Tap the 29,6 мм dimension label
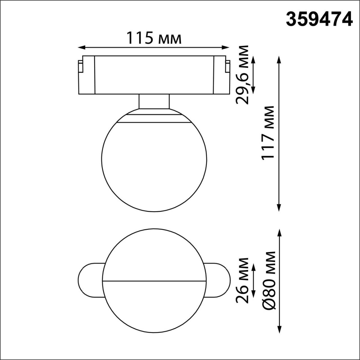[x=242, y=75]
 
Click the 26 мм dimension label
[x=242, y=280]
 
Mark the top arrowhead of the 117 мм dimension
[x=279, y=58]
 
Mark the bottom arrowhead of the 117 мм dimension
[x=279, y=208]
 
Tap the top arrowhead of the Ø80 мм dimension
[x=279, y=232]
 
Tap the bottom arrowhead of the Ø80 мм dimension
[x=279, y=330]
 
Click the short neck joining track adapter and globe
[x=154, y=102]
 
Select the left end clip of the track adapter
[x=80, y=67]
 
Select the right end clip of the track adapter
[x=227, y=67]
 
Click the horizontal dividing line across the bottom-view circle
[x=154, y=281]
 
